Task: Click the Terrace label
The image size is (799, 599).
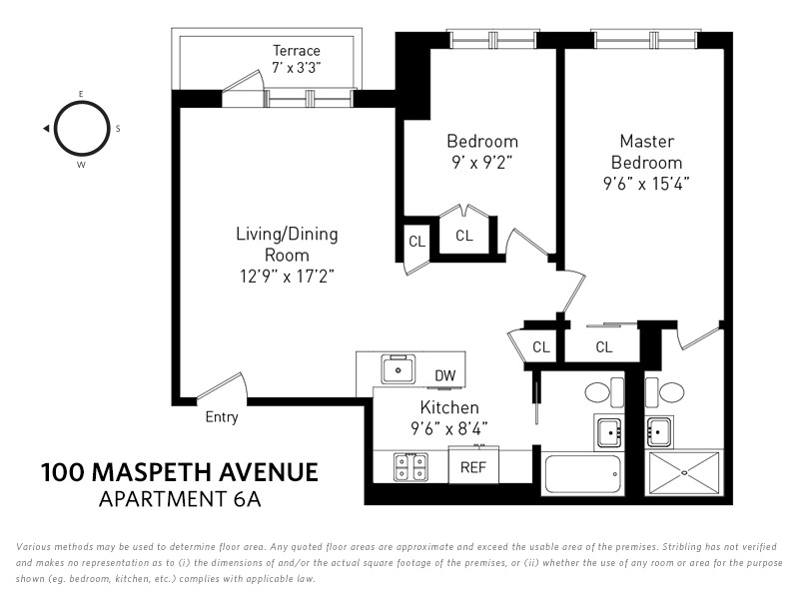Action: click(297, 51)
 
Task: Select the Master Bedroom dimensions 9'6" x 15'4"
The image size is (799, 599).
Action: click(646, 184)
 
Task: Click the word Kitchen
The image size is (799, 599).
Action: click(448, 408)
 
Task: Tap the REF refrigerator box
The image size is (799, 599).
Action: click(472, 466)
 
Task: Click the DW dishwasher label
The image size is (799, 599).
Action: click(445, 375)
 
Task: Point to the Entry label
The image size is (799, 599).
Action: click(222, 417)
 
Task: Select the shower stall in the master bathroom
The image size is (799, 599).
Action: click(684, 471)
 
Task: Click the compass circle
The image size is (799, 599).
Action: click(81, 128)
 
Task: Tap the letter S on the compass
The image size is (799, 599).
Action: click(118, 128)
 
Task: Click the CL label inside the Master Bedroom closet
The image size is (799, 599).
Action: click(603, 347)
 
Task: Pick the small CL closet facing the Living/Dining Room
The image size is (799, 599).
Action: click(416, 241)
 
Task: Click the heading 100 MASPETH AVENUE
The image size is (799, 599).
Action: click(180, 471)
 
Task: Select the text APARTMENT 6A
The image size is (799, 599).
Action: click(179, 499)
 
